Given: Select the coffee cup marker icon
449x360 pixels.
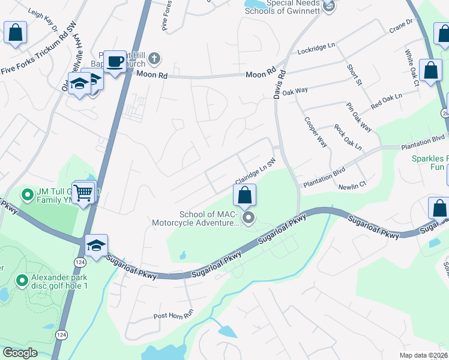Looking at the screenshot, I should pyautogui.click(x=115, y=61).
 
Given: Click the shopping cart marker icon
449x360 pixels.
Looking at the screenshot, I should pyautogui.click(x=84, y=192).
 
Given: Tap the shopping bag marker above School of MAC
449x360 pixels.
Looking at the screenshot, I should pyautogui.click(x=244, y=195).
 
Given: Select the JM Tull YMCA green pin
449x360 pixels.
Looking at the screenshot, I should pyautogui.click(x=27, y=195).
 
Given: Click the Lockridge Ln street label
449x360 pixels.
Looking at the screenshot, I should pyautogui.click(x=316, y=46).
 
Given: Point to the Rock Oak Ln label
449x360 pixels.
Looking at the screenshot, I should pyautogui.click(x=348, y=138).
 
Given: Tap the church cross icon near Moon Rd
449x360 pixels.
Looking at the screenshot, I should pyautogui.click(x=154, y=58).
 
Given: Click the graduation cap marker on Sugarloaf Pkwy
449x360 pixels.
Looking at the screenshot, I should pyautogui.click(x=96, y=245).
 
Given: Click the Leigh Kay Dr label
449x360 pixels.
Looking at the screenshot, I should pyautogui.click(x=43, y=20).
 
